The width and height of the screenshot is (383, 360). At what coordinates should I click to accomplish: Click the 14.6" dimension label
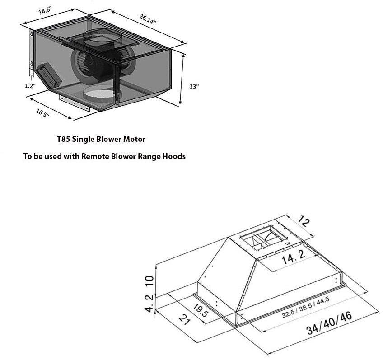click(45, 11)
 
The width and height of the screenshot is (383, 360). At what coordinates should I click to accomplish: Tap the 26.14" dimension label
click(148, 19)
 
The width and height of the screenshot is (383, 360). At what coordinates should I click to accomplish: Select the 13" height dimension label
click(194, 86)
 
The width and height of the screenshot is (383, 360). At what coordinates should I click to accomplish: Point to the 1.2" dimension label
click(30, 86)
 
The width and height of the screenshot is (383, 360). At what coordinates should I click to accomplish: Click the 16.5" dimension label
click(43, 113)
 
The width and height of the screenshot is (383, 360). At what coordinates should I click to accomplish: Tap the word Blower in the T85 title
click(108, 139)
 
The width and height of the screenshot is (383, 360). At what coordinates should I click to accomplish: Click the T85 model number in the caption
click(63, 139)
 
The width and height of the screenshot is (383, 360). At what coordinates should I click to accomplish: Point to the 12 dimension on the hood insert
click(304, 221)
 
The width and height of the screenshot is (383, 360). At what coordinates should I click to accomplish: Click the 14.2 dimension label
click(294, 257)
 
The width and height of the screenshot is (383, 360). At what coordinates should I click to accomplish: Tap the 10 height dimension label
click(149, 281)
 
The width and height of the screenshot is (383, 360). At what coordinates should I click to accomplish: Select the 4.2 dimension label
click(149, 303)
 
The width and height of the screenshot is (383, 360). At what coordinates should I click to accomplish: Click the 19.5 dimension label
click(201, 310)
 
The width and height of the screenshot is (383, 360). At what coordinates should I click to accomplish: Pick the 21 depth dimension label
click(184, 320)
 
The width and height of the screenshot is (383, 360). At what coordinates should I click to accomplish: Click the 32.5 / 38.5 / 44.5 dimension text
click(306, 307)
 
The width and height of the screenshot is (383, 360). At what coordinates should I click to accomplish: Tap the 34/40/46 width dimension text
click(329, 323)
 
